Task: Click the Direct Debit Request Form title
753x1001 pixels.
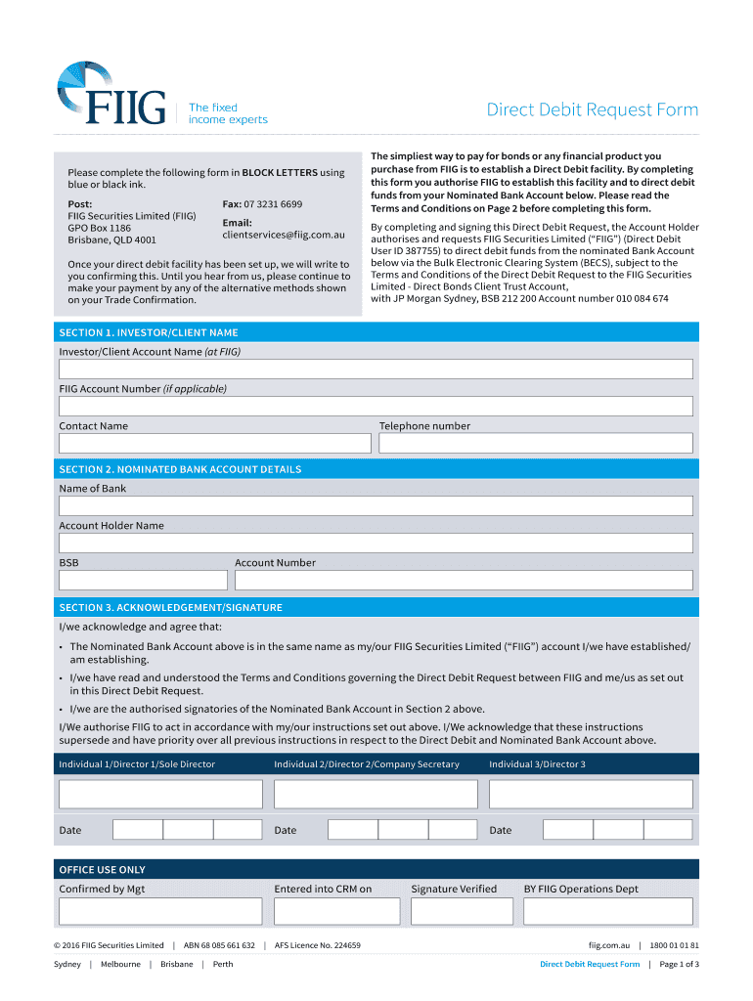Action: tap(593, 109)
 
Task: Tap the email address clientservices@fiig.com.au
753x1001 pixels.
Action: tap(284, 235)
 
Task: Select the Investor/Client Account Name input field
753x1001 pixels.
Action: tap(376, 369)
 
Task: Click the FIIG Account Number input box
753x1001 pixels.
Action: tap(376, 406)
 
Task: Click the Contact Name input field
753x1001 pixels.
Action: tap(214, 443)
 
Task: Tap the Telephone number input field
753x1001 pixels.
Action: tap(535, 443)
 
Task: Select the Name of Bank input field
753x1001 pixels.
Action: tap(376, 505)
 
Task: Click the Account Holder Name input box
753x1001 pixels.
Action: tap(376, 543)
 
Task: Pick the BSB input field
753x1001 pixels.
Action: tap(143, 580)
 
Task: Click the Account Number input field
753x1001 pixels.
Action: tap(463, 580)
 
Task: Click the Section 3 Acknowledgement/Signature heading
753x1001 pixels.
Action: tap(170, 607)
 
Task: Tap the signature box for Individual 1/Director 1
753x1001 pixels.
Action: tap(160, 794)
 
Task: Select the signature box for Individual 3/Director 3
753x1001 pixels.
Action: tap(591, 794)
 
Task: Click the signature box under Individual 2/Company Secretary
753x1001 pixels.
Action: tap(376, 794)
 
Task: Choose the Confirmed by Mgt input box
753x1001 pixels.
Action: tap(160, 911)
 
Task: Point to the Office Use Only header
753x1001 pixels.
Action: tap(102, 869)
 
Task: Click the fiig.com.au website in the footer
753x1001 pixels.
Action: tap(608, 945)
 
